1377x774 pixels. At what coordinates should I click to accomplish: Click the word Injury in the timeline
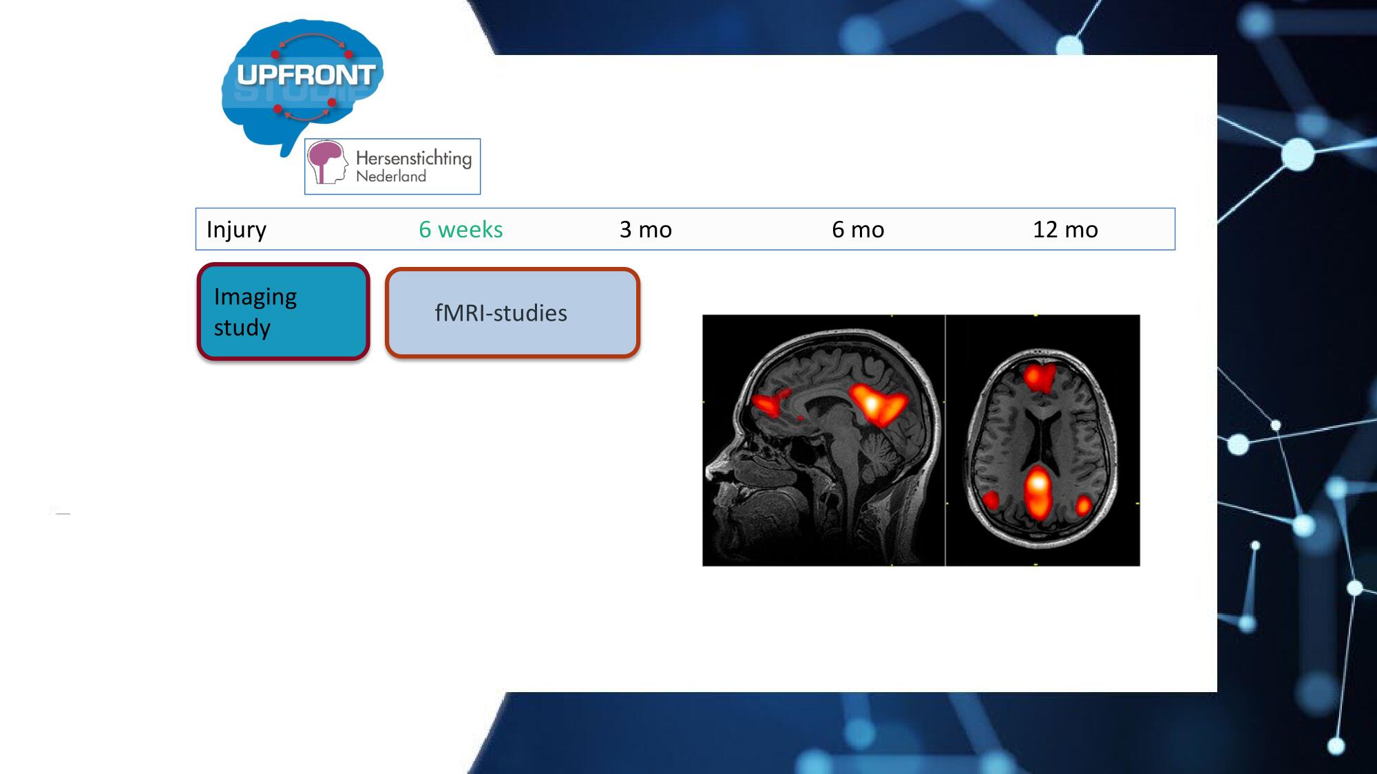point(236,230)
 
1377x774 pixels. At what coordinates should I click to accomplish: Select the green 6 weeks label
point(461,229)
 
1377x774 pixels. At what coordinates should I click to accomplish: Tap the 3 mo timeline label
point(645,229)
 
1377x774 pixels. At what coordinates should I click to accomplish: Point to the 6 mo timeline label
point(858,229)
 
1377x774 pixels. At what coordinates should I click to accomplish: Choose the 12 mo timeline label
point(1065,229)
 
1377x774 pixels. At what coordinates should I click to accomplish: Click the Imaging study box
point(283,312)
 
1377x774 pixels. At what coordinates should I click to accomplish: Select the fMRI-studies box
point(512,313)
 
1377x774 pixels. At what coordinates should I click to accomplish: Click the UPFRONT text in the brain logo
point(306,74)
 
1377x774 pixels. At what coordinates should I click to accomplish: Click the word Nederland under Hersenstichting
point(391,176)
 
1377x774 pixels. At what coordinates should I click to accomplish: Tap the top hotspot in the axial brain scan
point(1040,377)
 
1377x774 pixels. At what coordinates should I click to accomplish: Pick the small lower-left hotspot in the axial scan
point(990,499)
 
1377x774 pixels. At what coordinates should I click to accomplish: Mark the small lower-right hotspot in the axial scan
point(1083,506)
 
